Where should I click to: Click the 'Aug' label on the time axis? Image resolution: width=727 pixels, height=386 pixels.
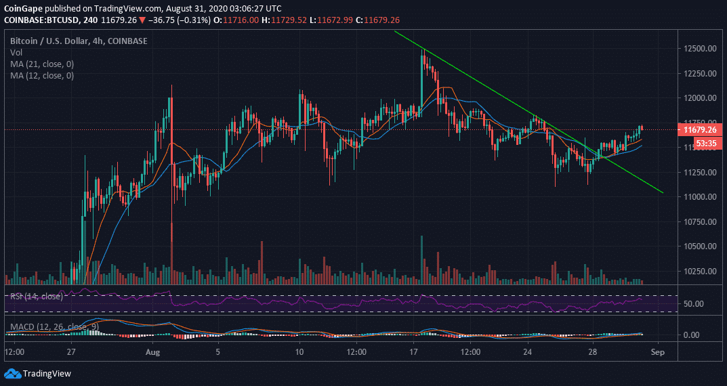[x=153, y=353]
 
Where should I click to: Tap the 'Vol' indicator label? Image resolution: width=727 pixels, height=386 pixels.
[x=16, y=52]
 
